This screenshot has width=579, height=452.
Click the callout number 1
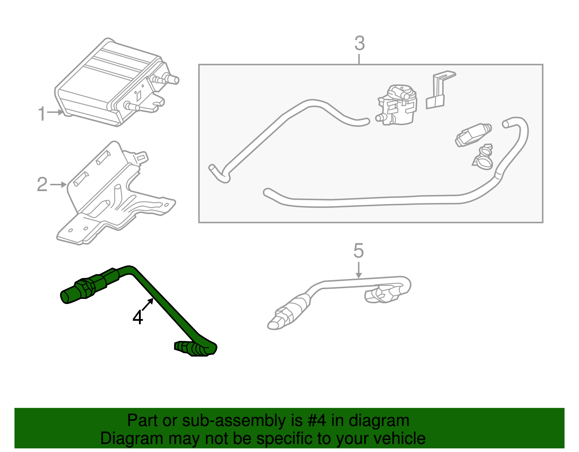(x=42, y=114)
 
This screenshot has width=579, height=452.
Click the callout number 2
(x=42, y=185)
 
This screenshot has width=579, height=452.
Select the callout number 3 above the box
(x=359, y=44)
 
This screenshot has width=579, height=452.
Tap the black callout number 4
(x=138, y=318)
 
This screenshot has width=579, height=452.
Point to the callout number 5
(x=358, y=251)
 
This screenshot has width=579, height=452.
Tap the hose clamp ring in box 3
(x=483, y=161)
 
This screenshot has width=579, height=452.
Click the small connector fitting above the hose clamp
(x=472, y=134)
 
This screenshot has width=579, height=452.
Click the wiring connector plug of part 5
(x=382, y=294)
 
